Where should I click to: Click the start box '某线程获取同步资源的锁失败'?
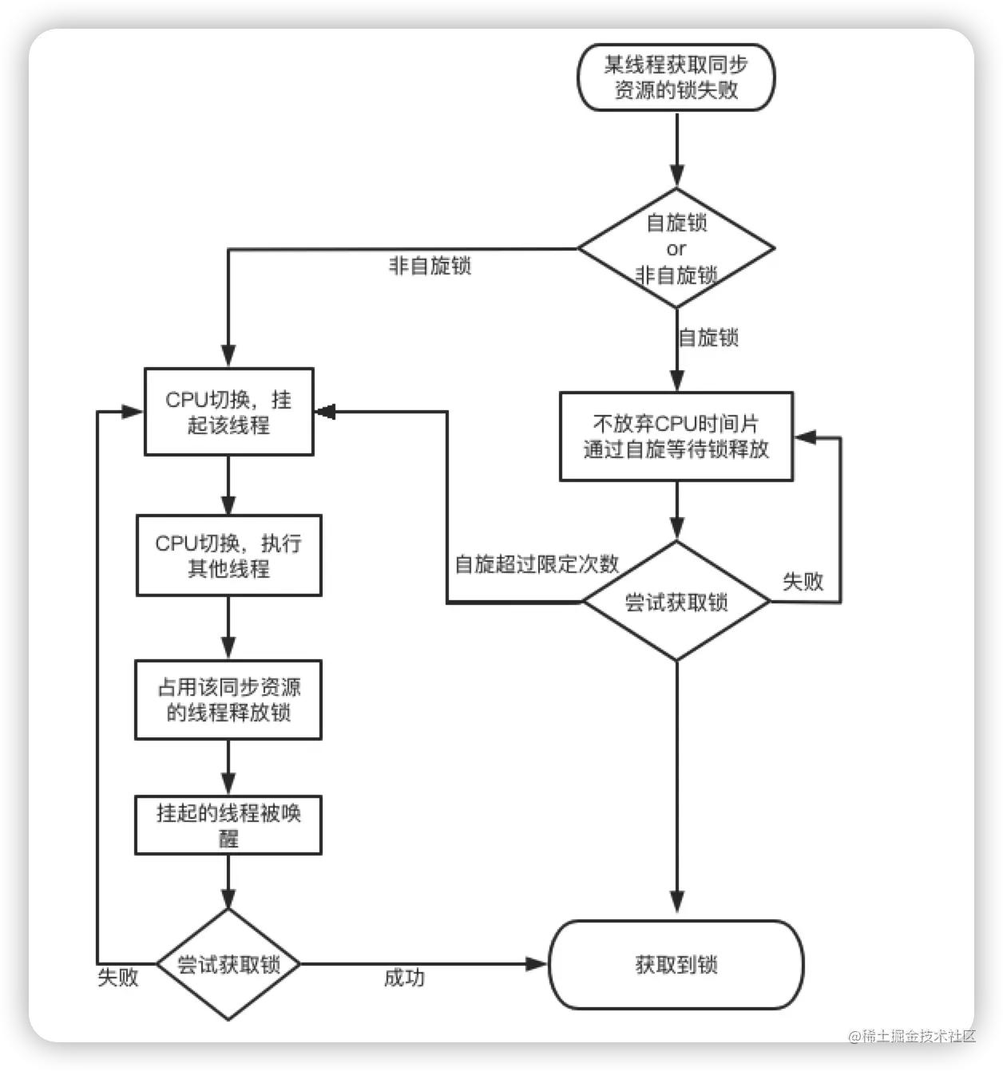(676, 77)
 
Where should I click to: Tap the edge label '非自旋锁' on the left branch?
(430, 266)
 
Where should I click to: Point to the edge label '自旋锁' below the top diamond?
(708, 338)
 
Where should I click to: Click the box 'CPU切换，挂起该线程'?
(228, 412)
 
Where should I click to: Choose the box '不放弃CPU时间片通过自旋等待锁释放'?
(676, 436)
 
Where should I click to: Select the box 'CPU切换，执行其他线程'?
(228, 555)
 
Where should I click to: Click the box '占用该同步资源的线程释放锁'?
(228, 700)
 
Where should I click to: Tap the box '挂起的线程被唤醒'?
(228, 825)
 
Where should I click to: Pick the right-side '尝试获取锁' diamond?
(676, 602)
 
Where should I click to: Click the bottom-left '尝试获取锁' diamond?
(228, 964)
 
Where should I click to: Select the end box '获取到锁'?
(676, 964)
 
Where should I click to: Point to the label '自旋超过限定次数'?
(537, 564)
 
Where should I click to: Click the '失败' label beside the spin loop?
(803, 581)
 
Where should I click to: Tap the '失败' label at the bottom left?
(118, 977)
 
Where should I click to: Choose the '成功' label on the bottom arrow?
(404, 978)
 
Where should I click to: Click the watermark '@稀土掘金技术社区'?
(911, 1036)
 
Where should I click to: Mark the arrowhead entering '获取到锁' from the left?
(537, 964)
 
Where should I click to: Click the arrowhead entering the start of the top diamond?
(676, 177)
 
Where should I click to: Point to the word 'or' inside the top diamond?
(676, 249)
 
